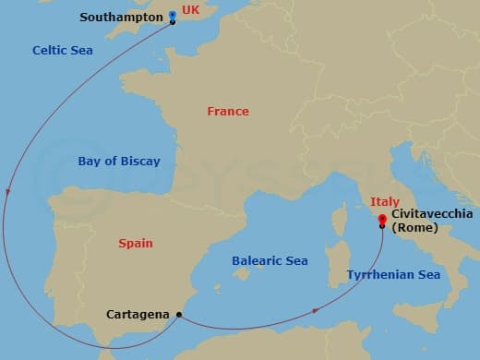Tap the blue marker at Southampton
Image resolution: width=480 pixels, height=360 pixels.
[x=173, y=16]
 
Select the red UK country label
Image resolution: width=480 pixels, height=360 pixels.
[x=190, y=9]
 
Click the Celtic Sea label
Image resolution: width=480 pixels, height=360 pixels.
[x=62, y=51]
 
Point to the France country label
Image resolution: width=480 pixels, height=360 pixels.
[x=228, y=111]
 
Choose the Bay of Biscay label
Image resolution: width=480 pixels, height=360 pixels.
[x=119, y=161]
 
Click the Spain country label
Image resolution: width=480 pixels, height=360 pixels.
[x=136, y=244]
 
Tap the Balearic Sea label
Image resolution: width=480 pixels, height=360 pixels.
[x=270, y=261]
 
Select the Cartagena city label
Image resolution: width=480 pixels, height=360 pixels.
[x=137, y=314]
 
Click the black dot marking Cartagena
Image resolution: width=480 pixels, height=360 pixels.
[x=178, y=315]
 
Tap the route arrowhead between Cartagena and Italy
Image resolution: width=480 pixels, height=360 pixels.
[x=316, y=310]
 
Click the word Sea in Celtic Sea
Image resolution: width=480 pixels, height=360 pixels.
[x=82, y=51]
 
